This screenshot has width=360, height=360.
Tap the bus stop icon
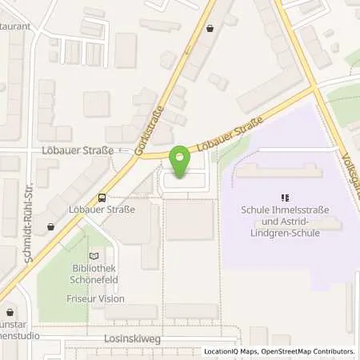[x=102, y=198]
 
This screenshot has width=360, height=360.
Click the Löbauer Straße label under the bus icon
[x=102, y=210]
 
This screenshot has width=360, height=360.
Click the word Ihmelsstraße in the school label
[x=302, y=210]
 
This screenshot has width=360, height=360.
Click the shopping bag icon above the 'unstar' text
[x=10, y=313]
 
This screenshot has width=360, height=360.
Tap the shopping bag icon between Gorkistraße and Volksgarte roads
[x=210, y=28]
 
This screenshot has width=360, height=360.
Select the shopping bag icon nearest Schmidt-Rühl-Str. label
[x=51, y=226]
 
